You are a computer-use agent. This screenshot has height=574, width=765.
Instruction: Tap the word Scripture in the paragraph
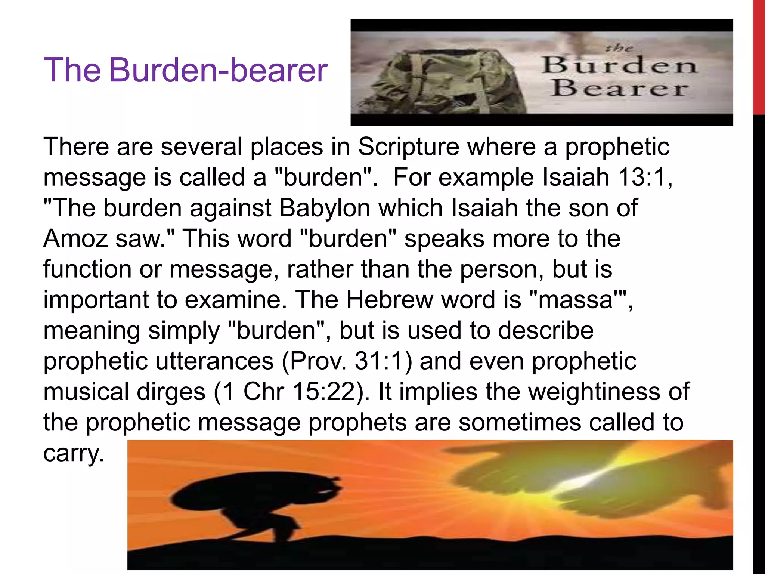click(408, 146)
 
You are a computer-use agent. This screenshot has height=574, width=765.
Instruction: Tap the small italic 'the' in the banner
click(619, 48)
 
